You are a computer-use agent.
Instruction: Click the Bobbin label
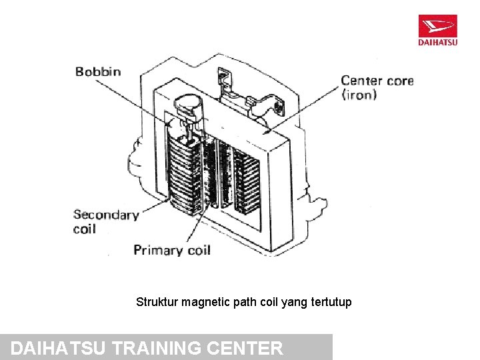click(x=98, y=71)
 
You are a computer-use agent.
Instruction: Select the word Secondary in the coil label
click(x=106, y=215)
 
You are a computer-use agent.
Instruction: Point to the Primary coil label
click(x=172, y=250)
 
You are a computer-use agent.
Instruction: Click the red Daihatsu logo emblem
click(x=438, y=27)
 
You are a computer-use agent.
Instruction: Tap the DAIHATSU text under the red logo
click(x=438, y=43)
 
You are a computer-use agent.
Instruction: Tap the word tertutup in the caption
click(x=329, y=302)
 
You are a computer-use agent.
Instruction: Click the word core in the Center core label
click(x=399, y=81)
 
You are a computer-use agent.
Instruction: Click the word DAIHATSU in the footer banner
click(x=60, y=348)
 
